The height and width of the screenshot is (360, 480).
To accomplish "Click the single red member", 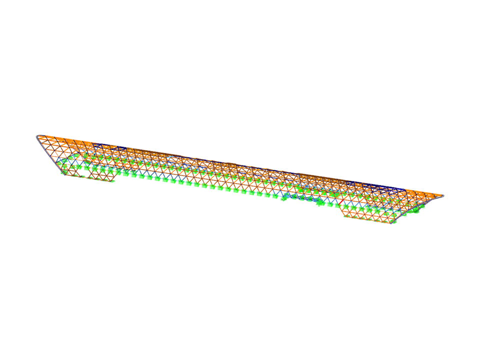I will pyautogui.click(x=341, y=201).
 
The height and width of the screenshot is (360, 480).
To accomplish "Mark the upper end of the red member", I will pyautogui.click(x=343, y=199).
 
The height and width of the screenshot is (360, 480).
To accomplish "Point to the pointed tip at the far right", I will pyautogui.click(x=443, y=195).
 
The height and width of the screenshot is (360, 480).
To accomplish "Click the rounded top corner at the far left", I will pyautogui.click(x=37, y=136).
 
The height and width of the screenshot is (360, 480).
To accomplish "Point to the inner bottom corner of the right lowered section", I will pyautogui.click(x=344, y=216).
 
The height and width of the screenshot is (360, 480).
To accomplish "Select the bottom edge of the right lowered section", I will pyautogui.click(x=367, y=220).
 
